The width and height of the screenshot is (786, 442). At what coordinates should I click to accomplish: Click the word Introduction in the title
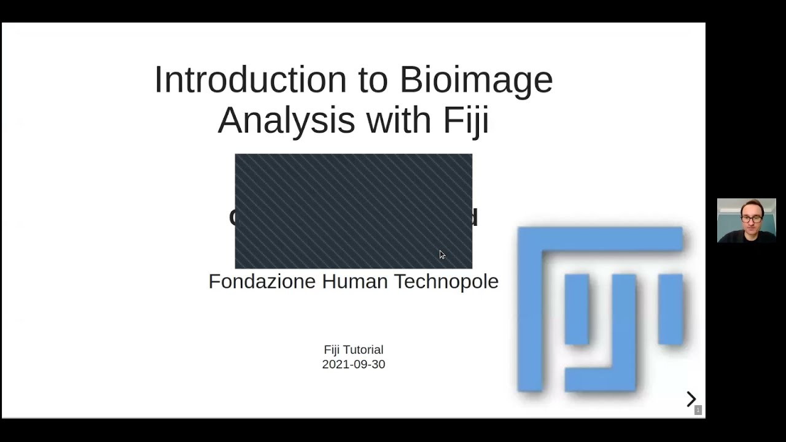tap(250, 80)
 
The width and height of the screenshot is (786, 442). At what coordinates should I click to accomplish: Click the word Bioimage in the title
tap(476, 80)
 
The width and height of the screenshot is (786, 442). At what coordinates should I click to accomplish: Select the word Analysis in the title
tap(286, 120)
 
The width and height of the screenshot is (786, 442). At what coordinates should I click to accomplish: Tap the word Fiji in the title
tap(466, 120)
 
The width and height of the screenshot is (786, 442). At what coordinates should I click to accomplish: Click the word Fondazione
tap(262, 282)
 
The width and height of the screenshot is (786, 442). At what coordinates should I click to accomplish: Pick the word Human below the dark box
tap(354, 282)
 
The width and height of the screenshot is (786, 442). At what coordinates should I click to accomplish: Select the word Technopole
tap(446, 282)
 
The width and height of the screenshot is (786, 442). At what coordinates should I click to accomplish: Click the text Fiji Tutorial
tap(353, 350)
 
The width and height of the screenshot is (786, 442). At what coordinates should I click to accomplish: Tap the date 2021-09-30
tap(353, 365)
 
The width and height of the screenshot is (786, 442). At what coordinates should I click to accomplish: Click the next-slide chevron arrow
tap(691, 400)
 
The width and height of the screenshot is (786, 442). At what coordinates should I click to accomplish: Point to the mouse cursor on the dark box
tap(442, 254)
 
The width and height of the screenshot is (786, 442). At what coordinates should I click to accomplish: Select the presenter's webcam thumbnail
tap(746, 220)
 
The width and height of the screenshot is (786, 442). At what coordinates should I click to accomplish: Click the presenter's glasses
tap(750, 218)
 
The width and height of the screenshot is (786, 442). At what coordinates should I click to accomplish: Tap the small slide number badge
tap(698, 410)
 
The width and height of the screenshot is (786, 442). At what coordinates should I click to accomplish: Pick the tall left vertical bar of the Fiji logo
tap(529, 313)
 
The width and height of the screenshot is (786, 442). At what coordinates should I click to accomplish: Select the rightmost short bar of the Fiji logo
tap(671, 309)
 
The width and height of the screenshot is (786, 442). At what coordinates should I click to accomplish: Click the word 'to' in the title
tap(373, 80)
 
